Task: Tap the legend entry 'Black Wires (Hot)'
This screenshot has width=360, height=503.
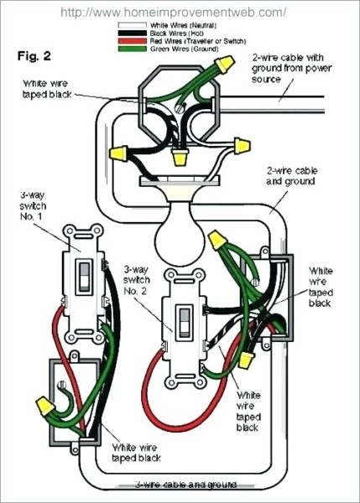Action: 168,34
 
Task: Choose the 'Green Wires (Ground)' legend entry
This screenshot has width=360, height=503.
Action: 173,48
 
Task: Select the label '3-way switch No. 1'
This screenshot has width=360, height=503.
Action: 32,208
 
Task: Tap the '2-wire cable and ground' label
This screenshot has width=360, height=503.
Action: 290,174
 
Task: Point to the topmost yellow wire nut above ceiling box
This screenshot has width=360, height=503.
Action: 223,64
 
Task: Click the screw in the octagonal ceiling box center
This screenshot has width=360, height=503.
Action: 179,106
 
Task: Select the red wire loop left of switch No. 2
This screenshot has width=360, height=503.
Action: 151,377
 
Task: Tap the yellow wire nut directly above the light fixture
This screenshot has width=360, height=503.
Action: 179,156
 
